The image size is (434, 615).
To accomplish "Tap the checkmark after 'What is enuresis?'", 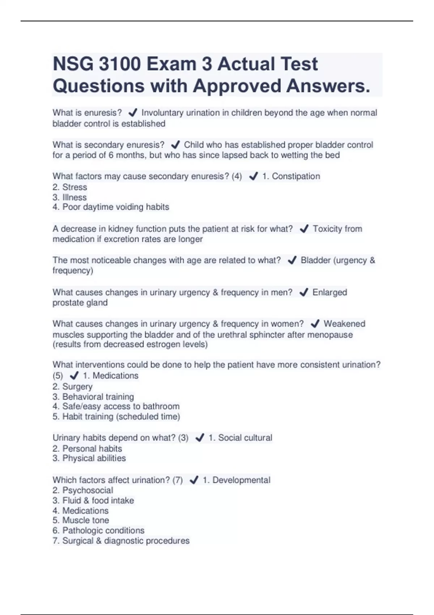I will (133, 113).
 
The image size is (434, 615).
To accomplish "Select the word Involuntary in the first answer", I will (162, 113).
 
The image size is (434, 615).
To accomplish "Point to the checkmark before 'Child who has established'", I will (175, 145).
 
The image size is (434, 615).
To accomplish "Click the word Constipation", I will (296, 176).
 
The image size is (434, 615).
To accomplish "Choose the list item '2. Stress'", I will (70, 187).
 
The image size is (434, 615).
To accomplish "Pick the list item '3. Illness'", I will (70, 197).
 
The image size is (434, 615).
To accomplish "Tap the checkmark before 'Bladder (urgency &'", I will (292, 260).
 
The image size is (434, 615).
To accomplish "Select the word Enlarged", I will (329, 292).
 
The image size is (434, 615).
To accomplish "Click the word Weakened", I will (344, 323).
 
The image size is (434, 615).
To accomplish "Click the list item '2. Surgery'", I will (72, 386).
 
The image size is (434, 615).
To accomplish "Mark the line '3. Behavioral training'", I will (93, 396).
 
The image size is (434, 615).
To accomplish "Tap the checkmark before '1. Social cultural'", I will (200, 438).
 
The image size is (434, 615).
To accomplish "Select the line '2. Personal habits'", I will (87, 449).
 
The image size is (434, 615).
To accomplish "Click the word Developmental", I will (241, 480).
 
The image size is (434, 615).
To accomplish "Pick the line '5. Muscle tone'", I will (81, 520).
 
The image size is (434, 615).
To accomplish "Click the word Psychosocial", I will (88, 490).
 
